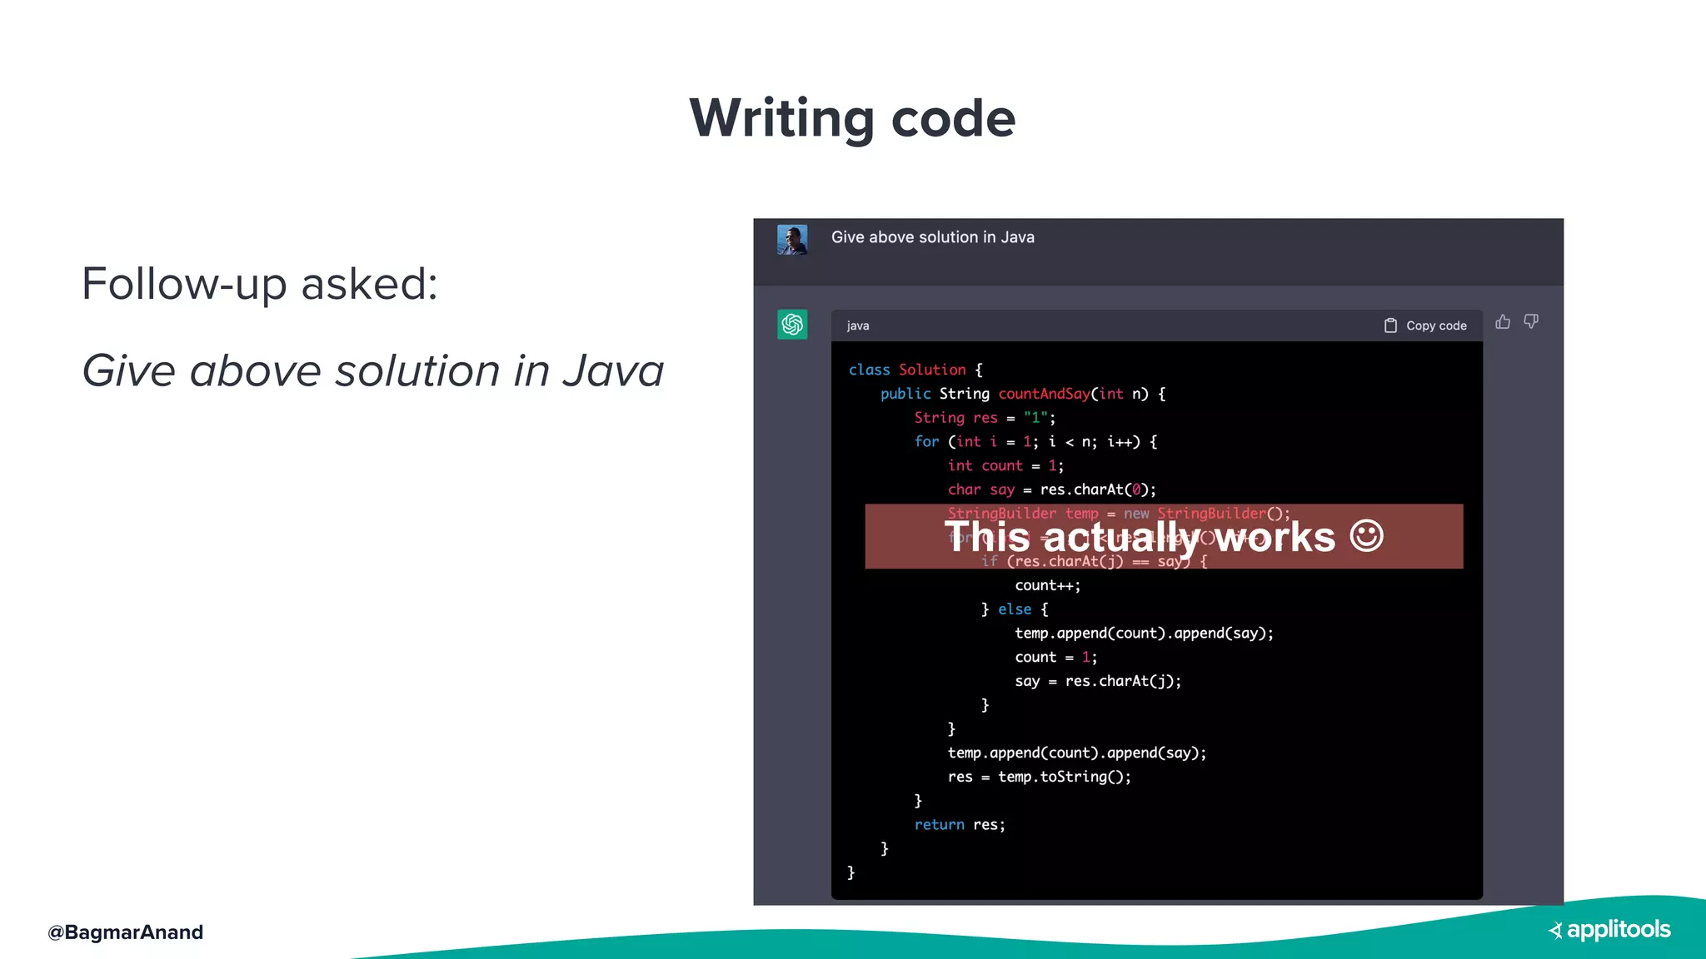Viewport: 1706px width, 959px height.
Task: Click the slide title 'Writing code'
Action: click(x=852, y=118)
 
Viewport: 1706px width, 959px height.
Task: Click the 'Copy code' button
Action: click(x=1425, y=325)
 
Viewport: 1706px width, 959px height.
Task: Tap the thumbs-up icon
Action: click(x=1503, y=322)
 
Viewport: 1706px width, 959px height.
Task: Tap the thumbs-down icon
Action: click(x=1531, y=322)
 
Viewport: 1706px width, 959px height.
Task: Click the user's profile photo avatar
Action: click(x=792, y=240)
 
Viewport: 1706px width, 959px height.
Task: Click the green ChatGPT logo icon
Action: click(x=792, y=325)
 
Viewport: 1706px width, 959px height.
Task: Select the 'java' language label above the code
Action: click(x=858, y=326)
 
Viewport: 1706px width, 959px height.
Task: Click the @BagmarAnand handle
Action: click(x=125, y=932)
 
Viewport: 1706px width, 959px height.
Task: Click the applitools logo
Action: click(x=1609, y=930)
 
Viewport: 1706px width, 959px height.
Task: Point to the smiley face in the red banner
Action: click(x=1367, y=536)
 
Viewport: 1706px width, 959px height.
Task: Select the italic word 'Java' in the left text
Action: click(x=613, y=371)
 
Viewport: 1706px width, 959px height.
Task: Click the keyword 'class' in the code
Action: click(x=869, y=370)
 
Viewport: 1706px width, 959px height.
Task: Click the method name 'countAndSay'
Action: click(x=1044, y=394)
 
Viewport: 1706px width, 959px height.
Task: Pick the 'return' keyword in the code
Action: click(x=939, y=825)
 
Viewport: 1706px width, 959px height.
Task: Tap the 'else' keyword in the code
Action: click(x=1015, y=609)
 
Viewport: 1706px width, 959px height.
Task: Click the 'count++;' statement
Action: click(x=1047, y=585)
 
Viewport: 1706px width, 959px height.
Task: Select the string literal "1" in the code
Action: click(x=1035, y=418)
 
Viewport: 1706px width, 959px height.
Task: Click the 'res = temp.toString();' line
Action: click(x=1039, y=777)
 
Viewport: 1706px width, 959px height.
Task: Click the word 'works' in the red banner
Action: click(x=1275, y=537)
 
